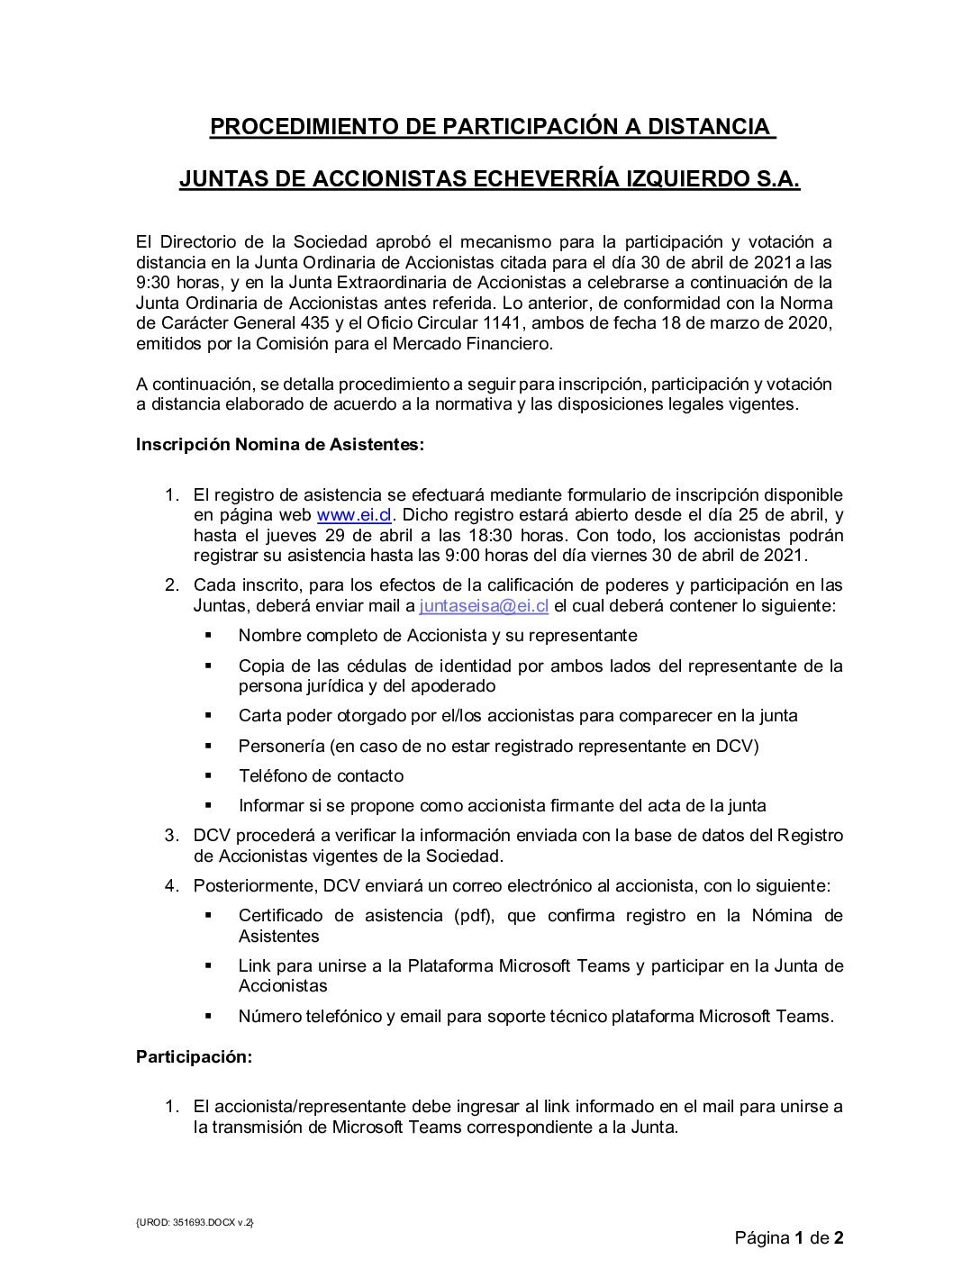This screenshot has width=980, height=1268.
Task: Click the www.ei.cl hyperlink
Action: (353, 516)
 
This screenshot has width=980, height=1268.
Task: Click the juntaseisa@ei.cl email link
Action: (485, 606)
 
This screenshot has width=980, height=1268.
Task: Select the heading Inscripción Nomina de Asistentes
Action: (279, 445)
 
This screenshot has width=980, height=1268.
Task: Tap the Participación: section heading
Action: (194, 1057)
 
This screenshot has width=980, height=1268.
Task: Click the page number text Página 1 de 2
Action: (789, 1237)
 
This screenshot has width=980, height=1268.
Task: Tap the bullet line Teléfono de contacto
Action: (321, 775)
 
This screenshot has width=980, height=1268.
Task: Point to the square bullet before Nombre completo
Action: (208, 635)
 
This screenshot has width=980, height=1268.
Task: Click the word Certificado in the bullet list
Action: (280, 916)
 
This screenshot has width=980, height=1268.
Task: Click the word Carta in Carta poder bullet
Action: (259, 716)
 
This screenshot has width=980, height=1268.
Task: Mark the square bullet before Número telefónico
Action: (208, 1016)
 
